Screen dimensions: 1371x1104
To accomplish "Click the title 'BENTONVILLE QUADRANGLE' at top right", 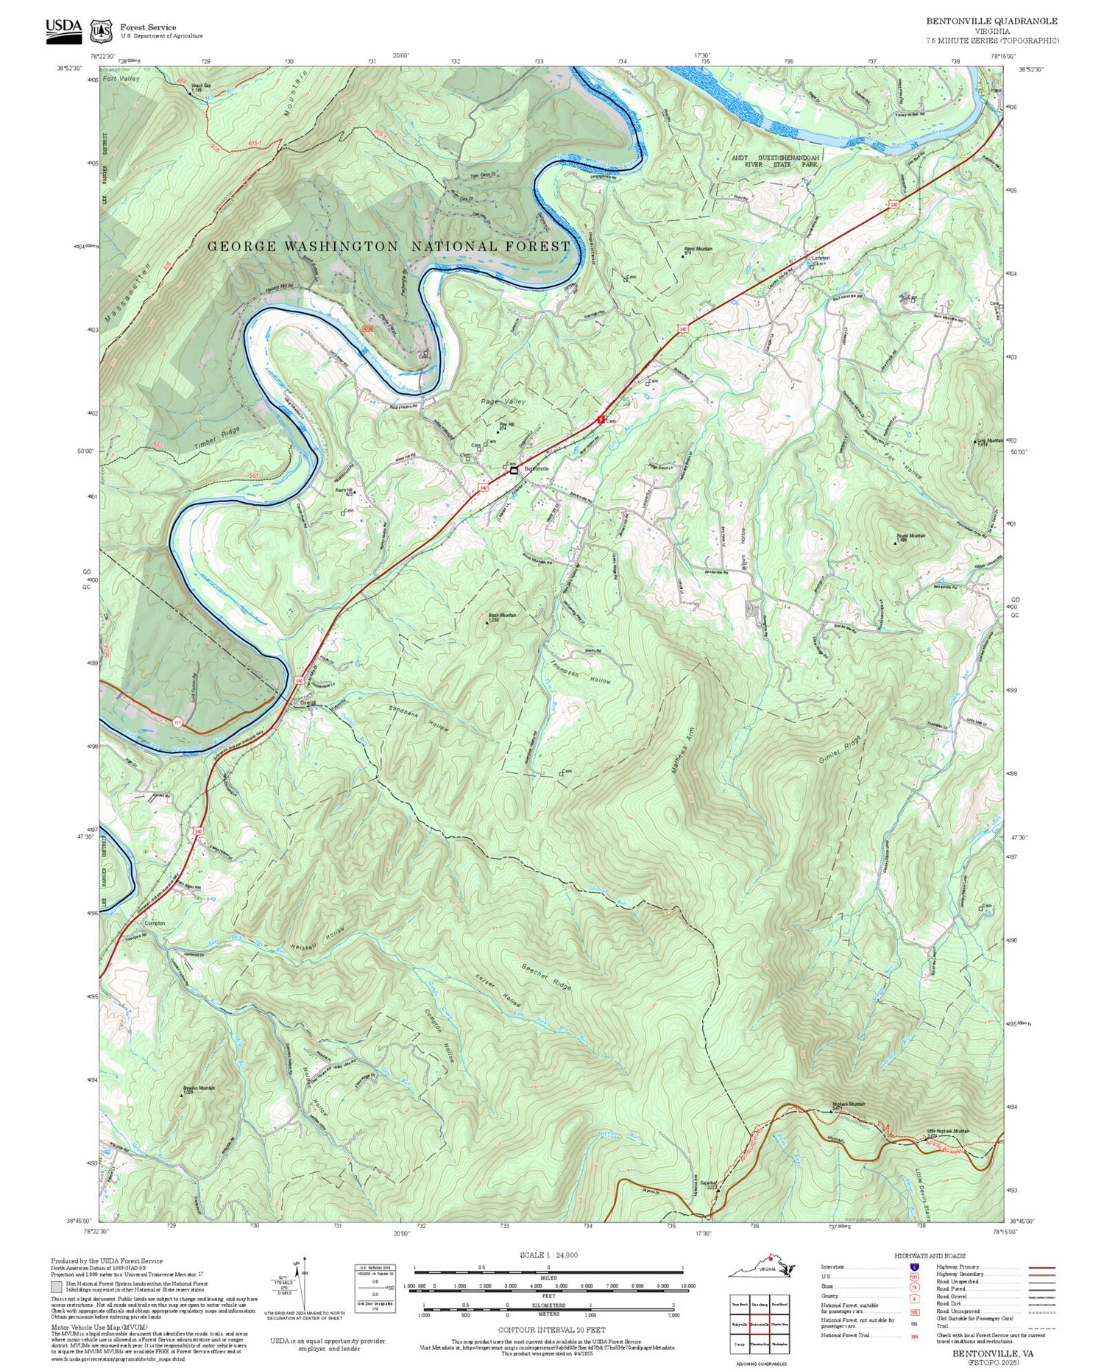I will (x=991, y=21).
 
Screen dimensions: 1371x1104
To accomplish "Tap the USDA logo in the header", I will (x=63, y=30).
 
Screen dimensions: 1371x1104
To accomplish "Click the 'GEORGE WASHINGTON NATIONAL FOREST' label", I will (x=389, y=247).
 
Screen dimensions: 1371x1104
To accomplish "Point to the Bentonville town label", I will (x=536, y=468).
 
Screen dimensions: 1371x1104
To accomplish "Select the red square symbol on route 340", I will (x=600, y=419).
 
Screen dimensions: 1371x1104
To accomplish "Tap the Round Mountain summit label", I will (x=910, y=536).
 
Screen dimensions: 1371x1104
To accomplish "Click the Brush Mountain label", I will (x=503, y=616).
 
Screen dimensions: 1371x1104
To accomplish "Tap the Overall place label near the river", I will (x=307, y=702).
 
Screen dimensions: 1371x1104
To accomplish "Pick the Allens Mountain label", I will (x=698, y=249).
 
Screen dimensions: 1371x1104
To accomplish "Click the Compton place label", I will (x=155, y=923).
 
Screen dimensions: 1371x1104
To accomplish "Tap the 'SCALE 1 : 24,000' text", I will (x=548, y=1255).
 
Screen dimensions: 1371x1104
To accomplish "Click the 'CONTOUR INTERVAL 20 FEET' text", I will (x=551, y=1330).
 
